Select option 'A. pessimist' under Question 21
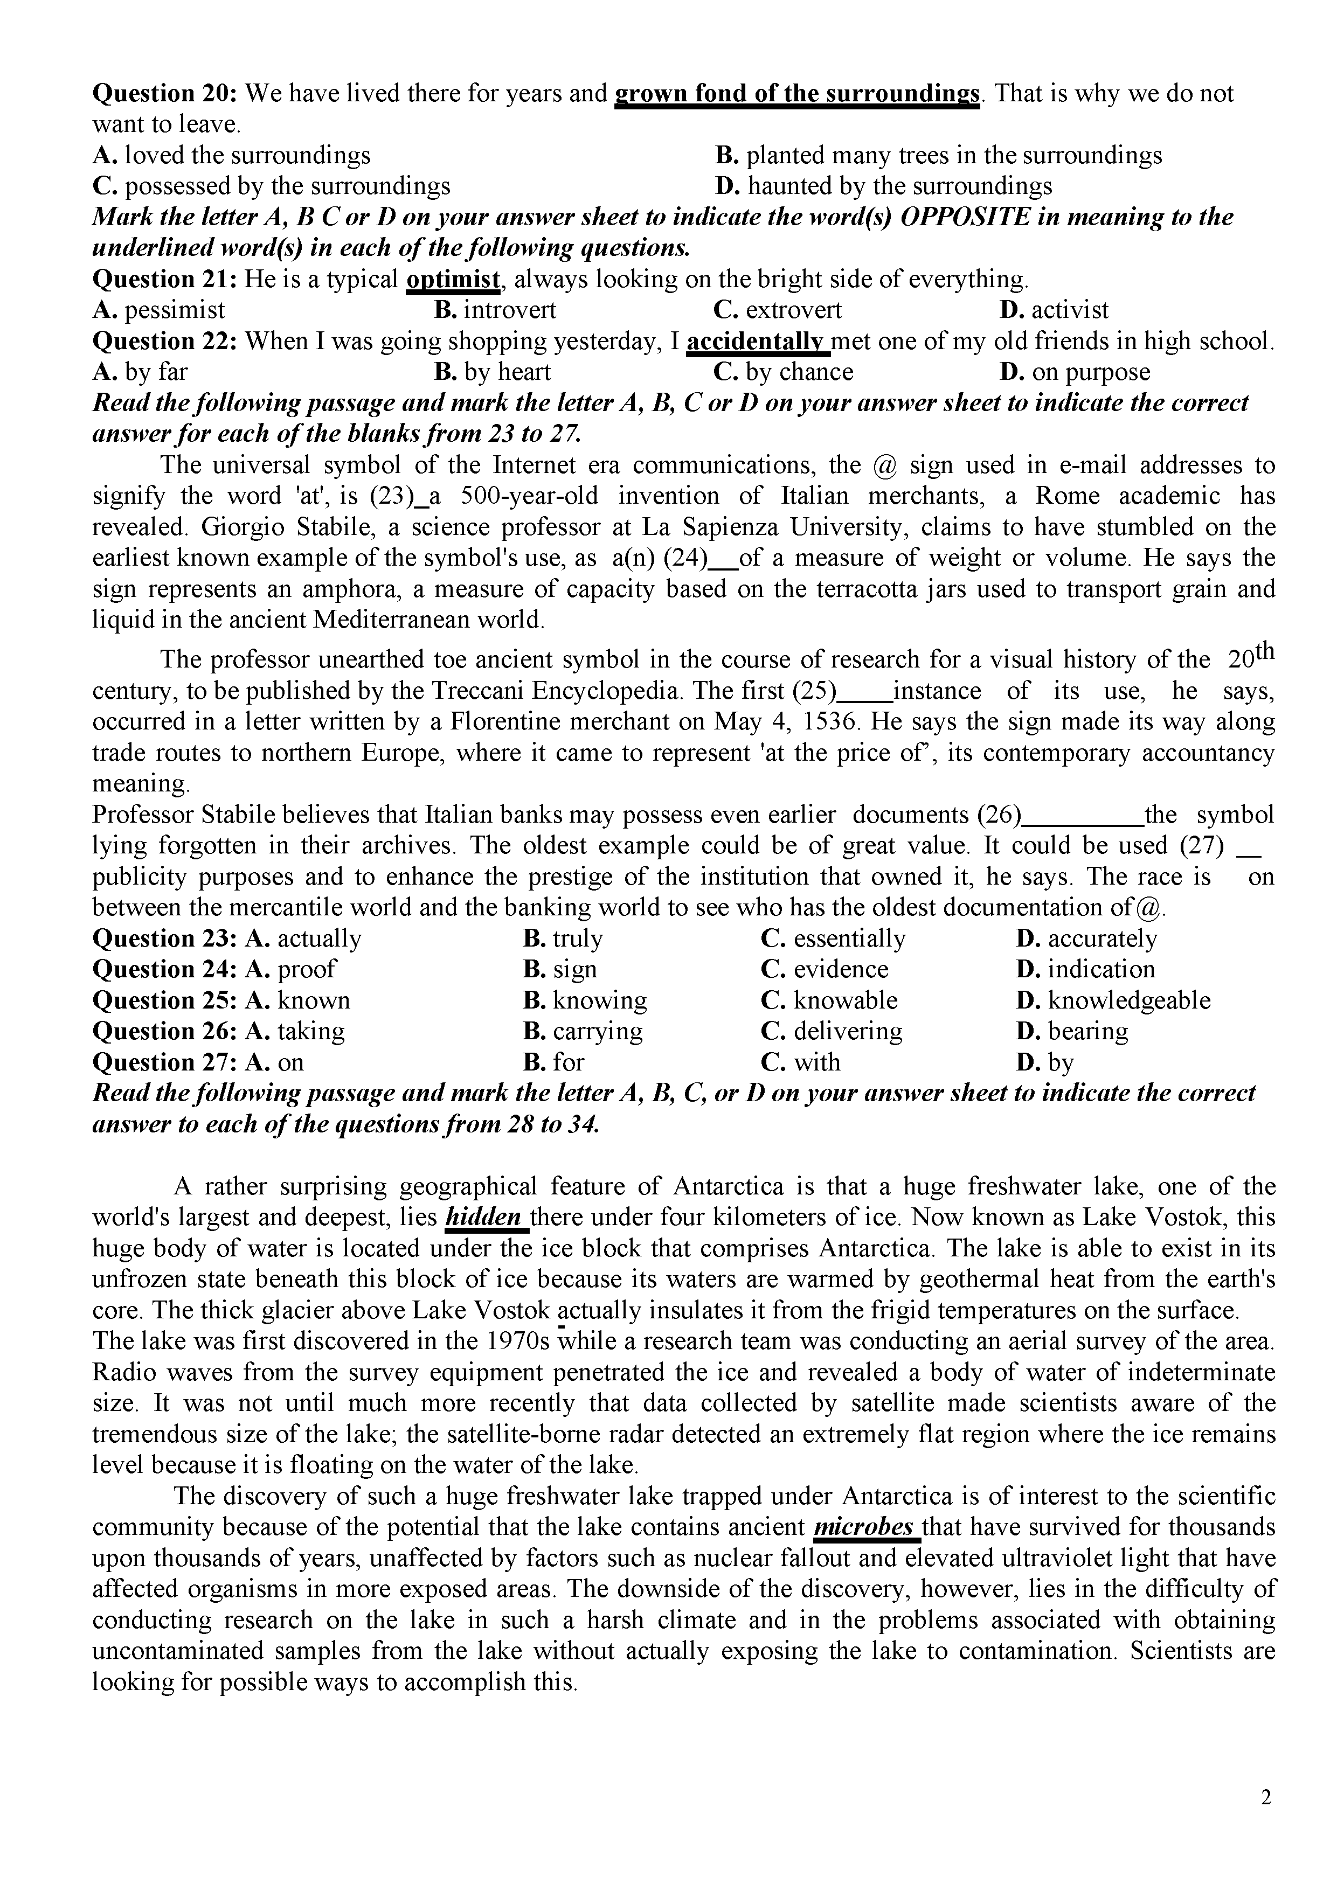click(158, 310)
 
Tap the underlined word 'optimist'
click(453, 279)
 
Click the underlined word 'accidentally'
click(756, 341)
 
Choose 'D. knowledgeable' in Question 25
click(1113, 1000)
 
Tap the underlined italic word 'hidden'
click(485, 1217)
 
